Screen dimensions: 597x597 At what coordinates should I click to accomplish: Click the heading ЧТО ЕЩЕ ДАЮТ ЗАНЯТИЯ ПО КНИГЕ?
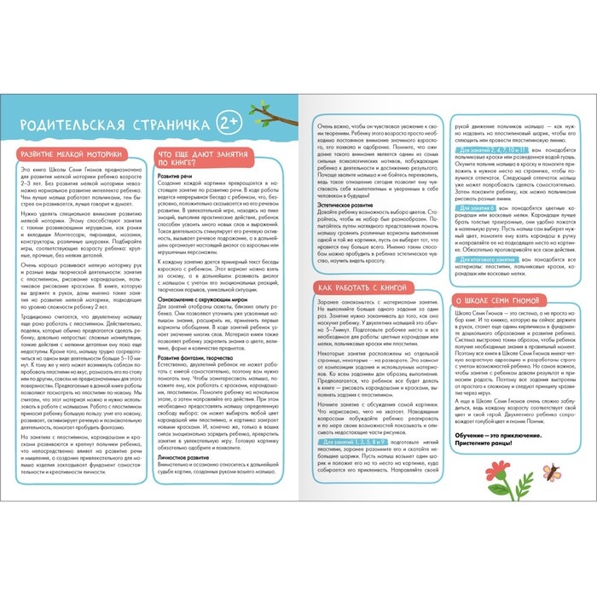[200, 158]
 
